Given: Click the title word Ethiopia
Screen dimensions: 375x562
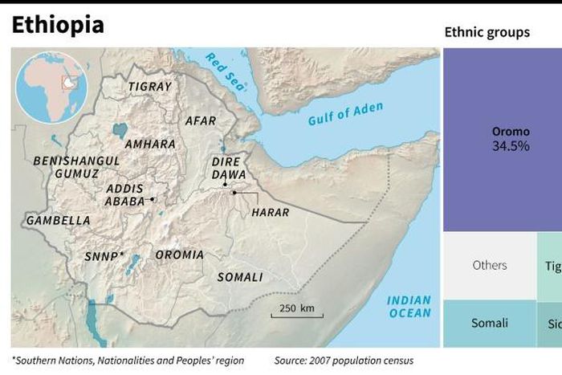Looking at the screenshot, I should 58,25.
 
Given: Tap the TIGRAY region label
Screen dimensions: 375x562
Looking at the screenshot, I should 150,86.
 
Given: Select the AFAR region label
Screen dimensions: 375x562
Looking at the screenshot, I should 201,120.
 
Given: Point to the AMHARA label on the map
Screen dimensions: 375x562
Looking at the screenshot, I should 150,144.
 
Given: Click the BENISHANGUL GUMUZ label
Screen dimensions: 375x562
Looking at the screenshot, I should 77,167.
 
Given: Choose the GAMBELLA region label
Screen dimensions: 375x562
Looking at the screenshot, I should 59,220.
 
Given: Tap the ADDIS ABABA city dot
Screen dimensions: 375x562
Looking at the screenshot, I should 152,198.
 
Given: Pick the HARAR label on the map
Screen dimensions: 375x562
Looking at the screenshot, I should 270,213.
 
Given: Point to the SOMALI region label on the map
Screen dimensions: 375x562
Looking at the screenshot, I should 240,277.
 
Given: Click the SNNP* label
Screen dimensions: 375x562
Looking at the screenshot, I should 104,256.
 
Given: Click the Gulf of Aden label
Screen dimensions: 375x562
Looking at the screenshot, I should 345,114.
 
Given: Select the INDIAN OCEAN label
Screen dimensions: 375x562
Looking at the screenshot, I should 409,307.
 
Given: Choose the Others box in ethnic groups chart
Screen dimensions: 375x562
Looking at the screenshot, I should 490,266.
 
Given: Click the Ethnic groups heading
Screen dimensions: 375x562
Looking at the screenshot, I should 487,32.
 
